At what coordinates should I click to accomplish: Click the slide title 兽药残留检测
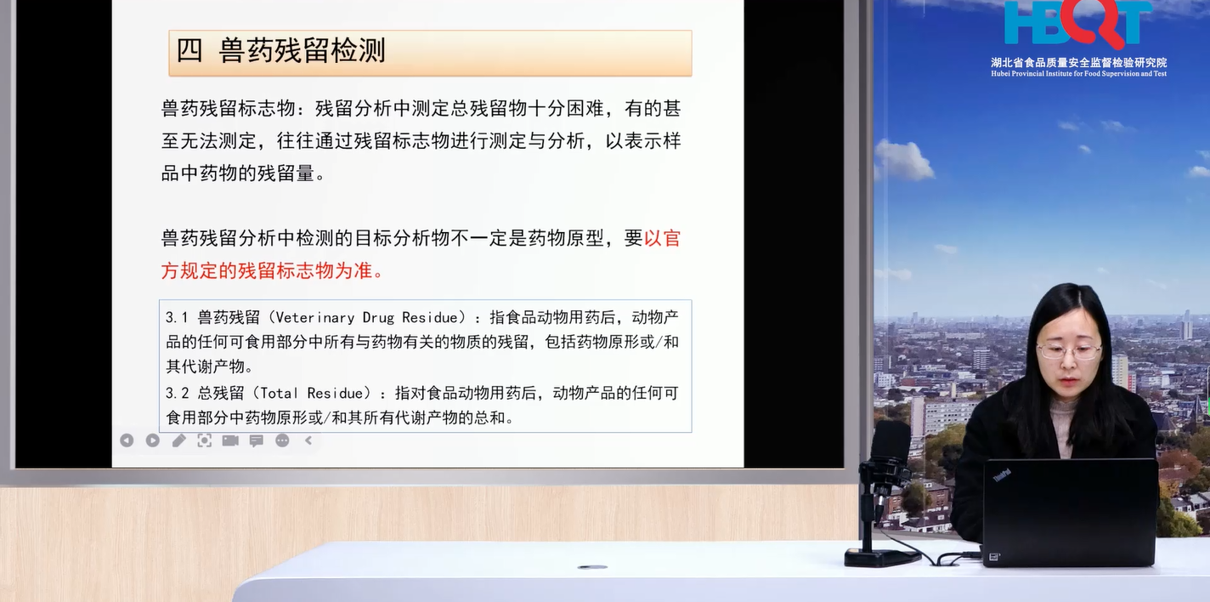[302, 51]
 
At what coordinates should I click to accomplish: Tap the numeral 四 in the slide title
[189, 51]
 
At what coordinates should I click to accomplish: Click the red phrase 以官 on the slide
[662, 238]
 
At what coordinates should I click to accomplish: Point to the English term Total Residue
[315, 393]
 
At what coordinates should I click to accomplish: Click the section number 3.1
[177, 317]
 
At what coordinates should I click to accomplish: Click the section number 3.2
[177, 393]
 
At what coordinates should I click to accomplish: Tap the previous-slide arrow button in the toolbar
[127, 440]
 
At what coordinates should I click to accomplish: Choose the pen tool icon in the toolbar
[178, 440]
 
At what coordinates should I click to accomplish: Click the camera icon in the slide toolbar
[230, 440]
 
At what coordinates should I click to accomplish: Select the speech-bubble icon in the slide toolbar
[256, 441]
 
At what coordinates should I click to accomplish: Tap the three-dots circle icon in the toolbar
[282, 440]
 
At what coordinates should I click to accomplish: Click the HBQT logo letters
[1077, 23]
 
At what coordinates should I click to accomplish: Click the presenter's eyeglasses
[1069, 352]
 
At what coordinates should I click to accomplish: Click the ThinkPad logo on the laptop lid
[1002, 475]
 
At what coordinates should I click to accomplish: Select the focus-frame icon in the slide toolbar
[204, 440]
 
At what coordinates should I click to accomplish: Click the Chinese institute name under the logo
[1079, 62]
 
